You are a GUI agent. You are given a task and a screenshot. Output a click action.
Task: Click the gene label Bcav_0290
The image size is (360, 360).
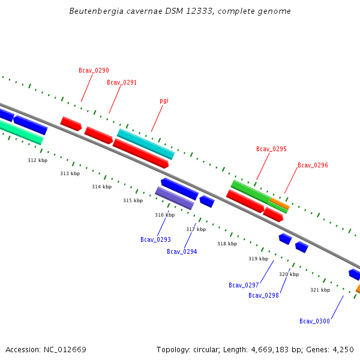(x=94, y=71)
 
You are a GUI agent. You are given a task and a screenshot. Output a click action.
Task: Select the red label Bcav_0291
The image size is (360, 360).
(x=122, y=83)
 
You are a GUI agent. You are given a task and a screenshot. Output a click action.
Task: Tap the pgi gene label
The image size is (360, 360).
(x=164, y=101)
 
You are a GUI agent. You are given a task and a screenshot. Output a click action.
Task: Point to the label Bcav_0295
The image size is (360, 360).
(x=271, y=149)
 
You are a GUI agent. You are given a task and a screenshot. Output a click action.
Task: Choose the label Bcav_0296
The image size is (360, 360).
(x=313, y=166)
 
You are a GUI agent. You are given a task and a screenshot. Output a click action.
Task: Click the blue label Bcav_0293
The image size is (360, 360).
(x=155, y=240)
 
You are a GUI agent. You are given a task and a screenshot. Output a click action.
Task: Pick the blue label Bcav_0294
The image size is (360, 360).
(x=182, y=252)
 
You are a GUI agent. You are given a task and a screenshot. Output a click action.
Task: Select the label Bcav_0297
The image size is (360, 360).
(x=244, y=286)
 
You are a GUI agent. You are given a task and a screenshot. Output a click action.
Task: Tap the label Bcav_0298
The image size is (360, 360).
(x=263, y=296)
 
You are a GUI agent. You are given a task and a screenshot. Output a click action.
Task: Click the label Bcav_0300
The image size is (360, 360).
(x=314, y=322)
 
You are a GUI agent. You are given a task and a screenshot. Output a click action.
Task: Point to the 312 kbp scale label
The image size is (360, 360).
(x=37, y=161)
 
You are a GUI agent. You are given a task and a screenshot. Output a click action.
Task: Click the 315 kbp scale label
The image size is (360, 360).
(x=133, y=201)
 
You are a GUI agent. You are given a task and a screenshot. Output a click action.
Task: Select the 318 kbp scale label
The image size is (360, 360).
(x=227, y=244)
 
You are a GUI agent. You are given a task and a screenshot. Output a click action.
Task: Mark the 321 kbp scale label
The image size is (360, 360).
(x=320, y=290)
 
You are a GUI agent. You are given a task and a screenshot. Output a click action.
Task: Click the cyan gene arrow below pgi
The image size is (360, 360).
(x=145, y=144)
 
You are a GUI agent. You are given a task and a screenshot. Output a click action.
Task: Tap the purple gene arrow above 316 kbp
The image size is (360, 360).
(x=174, y=198)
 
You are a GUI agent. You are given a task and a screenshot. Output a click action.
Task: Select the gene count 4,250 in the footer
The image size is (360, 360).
(x=343, y=350)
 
